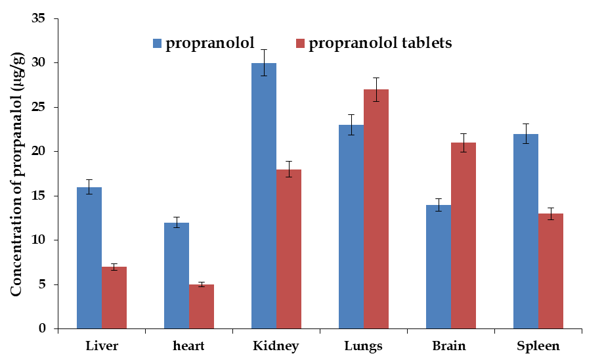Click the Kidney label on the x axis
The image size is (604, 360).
pos(276,346)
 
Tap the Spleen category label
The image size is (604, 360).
pos(538,346)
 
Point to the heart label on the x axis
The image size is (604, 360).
pos(189,346)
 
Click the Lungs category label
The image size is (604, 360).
pos(363,346)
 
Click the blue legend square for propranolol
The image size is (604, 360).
pos(157,44)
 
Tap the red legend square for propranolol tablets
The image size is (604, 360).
pos(299,44)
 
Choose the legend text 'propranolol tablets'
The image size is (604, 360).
pos(380,43)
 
